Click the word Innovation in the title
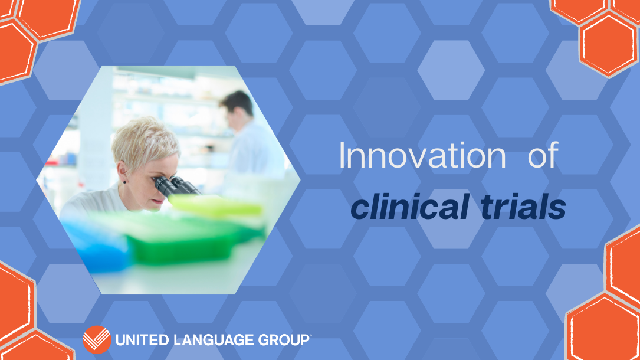(x=422, y=156)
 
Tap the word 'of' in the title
(x=543, y=156)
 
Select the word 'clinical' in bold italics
(x=410, y=206)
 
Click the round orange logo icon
(x=97, y=339)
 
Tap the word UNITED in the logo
(x=142, y=340)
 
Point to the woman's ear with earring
(x=122, y=173)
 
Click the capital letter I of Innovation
(x=342, y=156)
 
